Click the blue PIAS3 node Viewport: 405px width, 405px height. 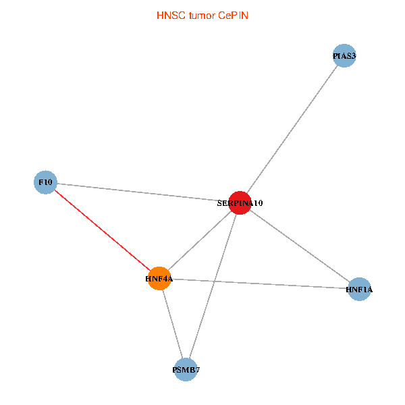coord(344,55)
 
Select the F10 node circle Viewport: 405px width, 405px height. coord(45,182)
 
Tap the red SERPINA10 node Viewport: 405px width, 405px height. coord(240,202)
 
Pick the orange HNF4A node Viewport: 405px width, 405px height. coord(159,278)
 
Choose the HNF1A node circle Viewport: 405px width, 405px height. coord(359,290)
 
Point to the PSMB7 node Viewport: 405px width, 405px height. coord(186,369)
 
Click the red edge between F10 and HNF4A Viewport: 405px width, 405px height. coord(102,230)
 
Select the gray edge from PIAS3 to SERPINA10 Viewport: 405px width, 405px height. coord(292,129)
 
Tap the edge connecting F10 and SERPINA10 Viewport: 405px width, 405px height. coord(142,192)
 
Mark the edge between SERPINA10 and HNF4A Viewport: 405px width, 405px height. coord(200,240)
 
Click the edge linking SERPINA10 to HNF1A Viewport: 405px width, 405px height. coord(300,246)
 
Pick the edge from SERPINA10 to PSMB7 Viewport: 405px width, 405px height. coord(213,286)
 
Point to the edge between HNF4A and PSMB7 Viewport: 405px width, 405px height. coord(172,323)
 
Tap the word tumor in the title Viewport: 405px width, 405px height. coord(201,15)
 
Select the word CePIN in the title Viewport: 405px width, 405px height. coord(233,15)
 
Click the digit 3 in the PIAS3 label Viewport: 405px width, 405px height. coord(353,55)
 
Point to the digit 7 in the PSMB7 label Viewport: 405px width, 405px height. coord(197,370)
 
